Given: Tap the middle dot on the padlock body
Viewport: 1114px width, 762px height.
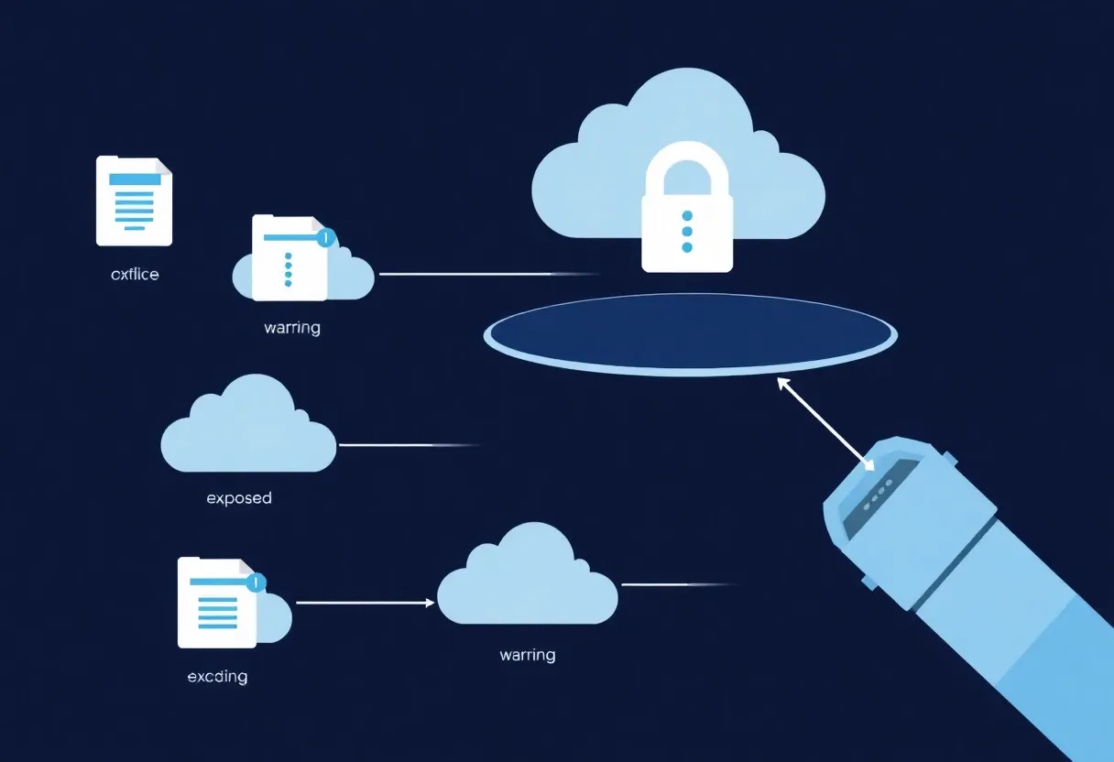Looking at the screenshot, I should pos(687,230).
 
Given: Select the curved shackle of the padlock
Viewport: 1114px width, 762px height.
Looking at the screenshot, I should pos(687,165).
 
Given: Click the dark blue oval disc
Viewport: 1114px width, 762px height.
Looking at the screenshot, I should pos(690,332).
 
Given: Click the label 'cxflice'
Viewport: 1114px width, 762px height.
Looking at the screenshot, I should pos(135,274).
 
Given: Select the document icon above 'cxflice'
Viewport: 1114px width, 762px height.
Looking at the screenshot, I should pos(134,201).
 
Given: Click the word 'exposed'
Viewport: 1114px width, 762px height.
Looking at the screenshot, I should pos(239,498).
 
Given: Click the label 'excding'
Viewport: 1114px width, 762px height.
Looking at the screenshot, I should pos(217,677).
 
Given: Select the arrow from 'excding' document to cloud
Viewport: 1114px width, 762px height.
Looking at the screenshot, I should pos(364,603).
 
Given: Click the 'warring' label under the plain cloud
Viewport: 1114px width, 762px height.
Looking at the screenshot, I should pos(527,655).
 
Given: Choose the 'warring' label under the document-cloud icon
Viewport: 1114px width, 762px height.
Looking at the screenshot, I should pos(291,327).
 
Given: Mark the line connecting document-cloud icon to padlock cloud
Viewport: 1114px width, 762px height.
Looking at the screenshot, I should pos(486,274).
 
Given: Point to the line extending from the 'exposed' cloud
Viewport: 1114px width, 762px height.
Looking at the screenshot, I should pos(408,445).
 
